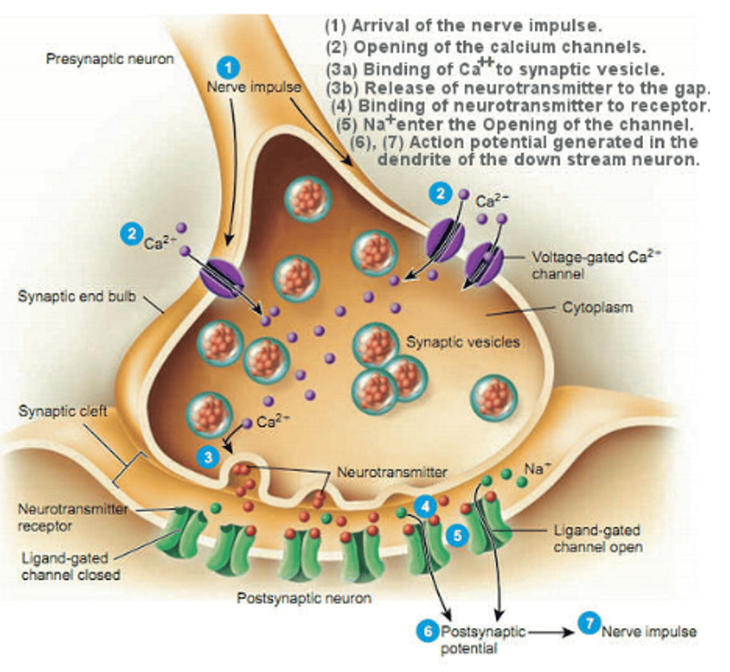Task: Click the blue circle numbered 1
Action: point(228,68)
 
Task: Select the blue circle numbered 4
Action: point(425,507)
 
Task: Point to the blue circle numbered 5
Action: point(458,536)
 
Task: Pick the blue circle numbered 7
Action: point(589,623)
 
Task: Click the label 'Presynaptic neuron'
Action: point(110,59)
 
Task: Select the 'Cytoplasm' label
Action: point(597,307)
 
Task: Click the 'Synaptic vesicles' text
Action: point(463,342)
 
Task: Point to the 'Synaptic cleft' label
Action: point(63,411)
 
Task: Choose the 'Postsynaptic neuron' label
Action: point(304,598)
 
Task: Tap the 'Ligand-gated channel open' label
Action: point(598,539)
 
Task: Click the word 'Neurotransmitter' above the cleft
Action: point(392,472)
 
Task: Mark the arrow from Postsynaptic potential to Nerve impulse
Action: point(551,632)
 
